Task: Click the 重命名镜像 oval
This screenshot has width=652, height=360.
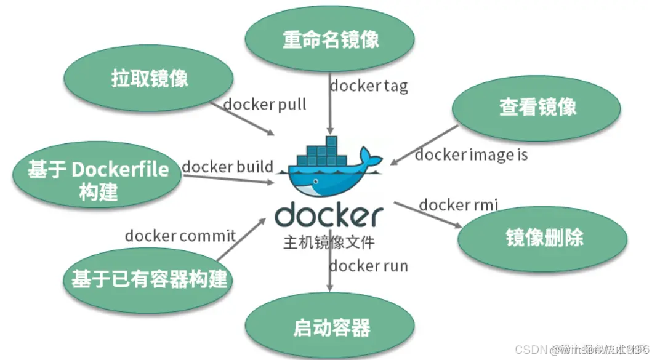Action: (330, 39)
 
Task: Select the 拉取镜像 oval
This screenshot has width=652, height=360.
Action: (150, 79)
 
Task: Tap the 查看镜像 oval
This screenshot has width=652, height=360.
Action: (537, 107)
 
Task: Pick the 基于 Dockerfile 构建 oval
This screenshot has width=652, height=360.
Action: (98, 179)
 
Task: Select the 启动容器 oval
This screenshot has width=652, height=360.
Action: (331, 327)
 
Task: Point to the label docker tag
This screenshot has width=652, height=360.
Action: (368, 86)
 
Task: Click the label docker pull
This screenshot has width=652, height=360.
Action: (265, 105)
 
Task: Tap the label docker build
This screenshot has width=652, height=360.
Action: (227, 167)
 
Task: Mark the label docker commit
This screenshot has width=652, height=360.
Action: (180, 235)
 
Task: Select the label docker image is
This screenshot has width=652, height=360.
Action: (471, 154)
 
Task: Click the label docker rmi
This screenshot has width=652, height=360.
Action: (458, 205)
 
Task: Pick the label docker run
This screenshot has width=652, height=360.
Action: (368, 266)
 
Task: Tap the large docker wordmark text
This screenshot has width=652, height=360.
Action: (329, 215)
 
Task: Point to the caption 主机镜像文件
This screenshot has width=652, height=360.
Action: (329, 242)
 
